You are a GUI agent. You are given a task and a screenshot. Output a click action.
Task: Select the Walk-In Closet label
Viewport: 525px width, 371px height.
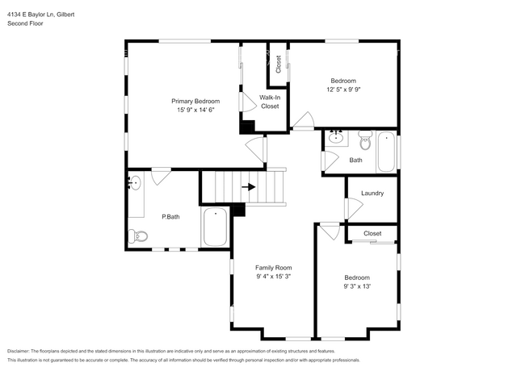pos(269,102)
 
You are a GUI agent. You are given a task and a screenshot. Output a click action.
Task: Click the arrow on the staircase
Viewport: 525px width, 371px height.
pos(250,187)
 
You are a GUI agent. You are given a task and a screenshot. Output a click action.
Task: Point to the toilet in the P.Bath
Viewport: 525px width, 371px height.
pos(137,236)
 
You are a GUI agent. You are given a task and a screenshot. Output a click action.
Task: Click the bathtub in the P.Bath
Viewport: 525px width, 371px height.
pos(216,227)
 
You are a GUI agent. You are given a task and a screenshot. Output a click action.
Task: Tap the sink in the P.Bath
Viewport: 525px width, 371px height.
pos(135,182)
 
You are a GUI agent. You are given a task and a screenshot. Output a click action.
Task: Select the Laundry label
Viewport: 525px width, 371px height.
pos(372,194)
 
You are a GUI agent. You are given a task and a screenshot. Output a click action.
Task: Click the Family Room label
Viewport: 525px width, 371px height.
pos(273,268)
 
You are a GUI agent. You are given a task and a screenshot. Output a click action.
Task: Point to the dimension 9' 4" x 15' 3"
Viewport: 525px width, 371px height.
pos(273,277)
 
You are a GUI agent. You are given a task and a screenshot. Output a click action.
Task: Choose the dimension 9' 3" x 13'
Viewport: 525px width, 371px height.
pos(356,286)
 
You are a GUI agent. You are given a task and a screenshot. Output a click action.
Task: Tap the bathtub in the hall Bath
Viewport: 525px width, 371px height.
pos(387,152)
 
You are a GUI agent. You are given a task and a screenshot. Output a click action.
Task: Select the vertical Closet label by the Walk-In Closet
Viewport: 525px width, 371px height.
pos(279,65)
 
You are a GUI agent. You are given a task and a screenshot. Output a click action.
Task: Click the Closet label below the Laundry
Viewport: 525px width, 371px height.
pos(372,234)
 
